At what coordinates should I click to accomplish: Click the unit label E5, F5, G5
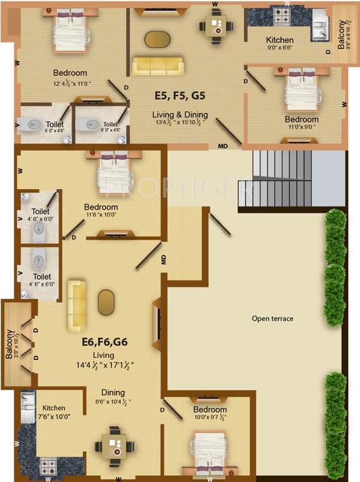click(x=180, y=96)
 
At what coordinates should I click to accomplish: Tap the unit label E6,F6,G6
click(x=105, y=343)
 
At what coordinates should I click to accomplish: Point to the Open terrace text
click(x=272, y=319)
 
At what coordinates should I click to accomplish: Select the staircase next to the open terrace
click(x=283, y=181)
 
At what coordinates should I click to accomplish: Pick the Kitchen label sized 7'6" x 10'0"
click(x=55, y=408)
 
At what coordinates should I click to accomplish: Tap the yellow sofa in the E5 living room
click(x=157, y=66)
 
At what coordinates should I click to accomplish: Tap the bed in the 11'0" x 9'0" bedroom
click(x=302, y=90)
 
